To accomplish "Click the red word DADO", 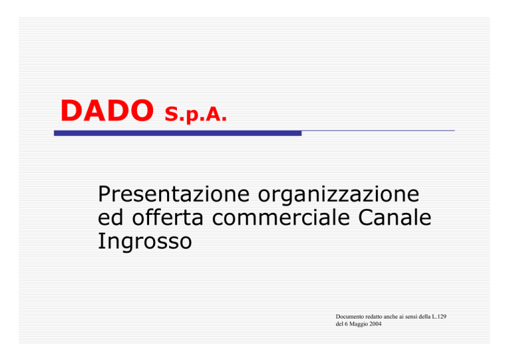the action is [107, 110].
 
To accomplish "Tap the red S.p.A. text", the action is [196, 114].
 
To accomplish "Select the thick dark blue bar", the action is [178, 133].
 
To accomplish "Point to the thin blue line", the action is [378, 131].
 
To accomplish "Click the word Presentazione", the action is [174, 194].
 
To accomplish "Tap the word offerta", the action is [168, 217].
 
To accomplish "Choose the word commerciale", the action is [281, 217].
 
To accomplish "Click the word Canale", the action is [395, 217].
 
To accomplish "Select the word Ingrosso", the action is [144, 242].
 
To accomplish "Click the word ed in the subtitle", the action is [111, 217].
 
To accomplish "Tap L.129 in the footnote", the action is [439, 316].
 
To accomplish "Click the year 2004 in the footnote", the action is [376, 324].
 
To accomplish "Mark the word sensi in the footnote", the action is [411, 316].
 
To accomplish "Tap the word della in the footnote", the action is [424, 316].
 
